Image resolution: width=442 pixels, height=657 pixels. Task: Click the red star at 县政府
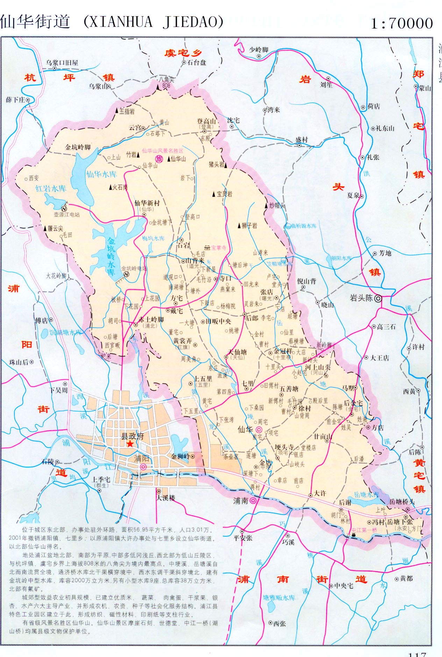[x=130, y=444]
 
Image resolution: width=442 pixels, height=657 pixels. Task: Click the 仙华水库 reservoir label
[x=101, y=174]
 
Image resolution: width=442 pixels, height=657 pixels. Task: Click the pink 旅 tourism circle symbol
[x=159, y=159]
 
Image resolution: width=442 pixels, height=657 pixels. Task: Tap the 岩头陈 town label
[x=361, y=298]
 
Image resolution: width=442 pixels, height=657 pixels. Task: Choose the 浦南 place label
[x=241, y=501]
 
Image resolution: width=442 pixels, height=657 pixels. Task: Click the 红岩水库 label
[x=51, y=189]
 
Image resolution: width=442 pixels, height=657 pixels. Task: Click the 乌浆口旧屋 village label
[x=62, y=63]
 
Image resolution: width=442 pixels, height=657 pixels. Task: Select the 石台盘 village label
[x=197, y=62]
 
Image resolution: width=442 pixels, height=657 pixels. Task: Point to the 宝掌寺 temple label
[x=219, y=248]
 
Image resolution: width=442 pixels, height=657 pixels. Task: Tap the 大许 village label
[x=320, y=493]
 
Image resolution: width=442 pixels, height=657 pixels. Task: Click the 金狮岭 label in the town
[x=180, y=456]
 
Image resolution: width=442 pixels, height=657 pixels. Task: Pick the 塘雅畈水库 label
[x=279, y=598]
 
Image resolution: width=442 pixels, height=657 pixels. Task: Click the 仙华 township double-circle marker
[x=259, y=429]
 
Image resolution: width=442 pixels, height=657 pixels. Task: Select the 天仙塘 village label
[x=237, y=352]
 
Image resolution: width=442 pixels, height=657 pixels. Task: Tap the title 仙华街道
[x=35, y=22]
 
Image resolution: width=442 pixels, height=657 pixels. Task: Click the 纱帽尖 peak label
[x=277, y=206]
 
